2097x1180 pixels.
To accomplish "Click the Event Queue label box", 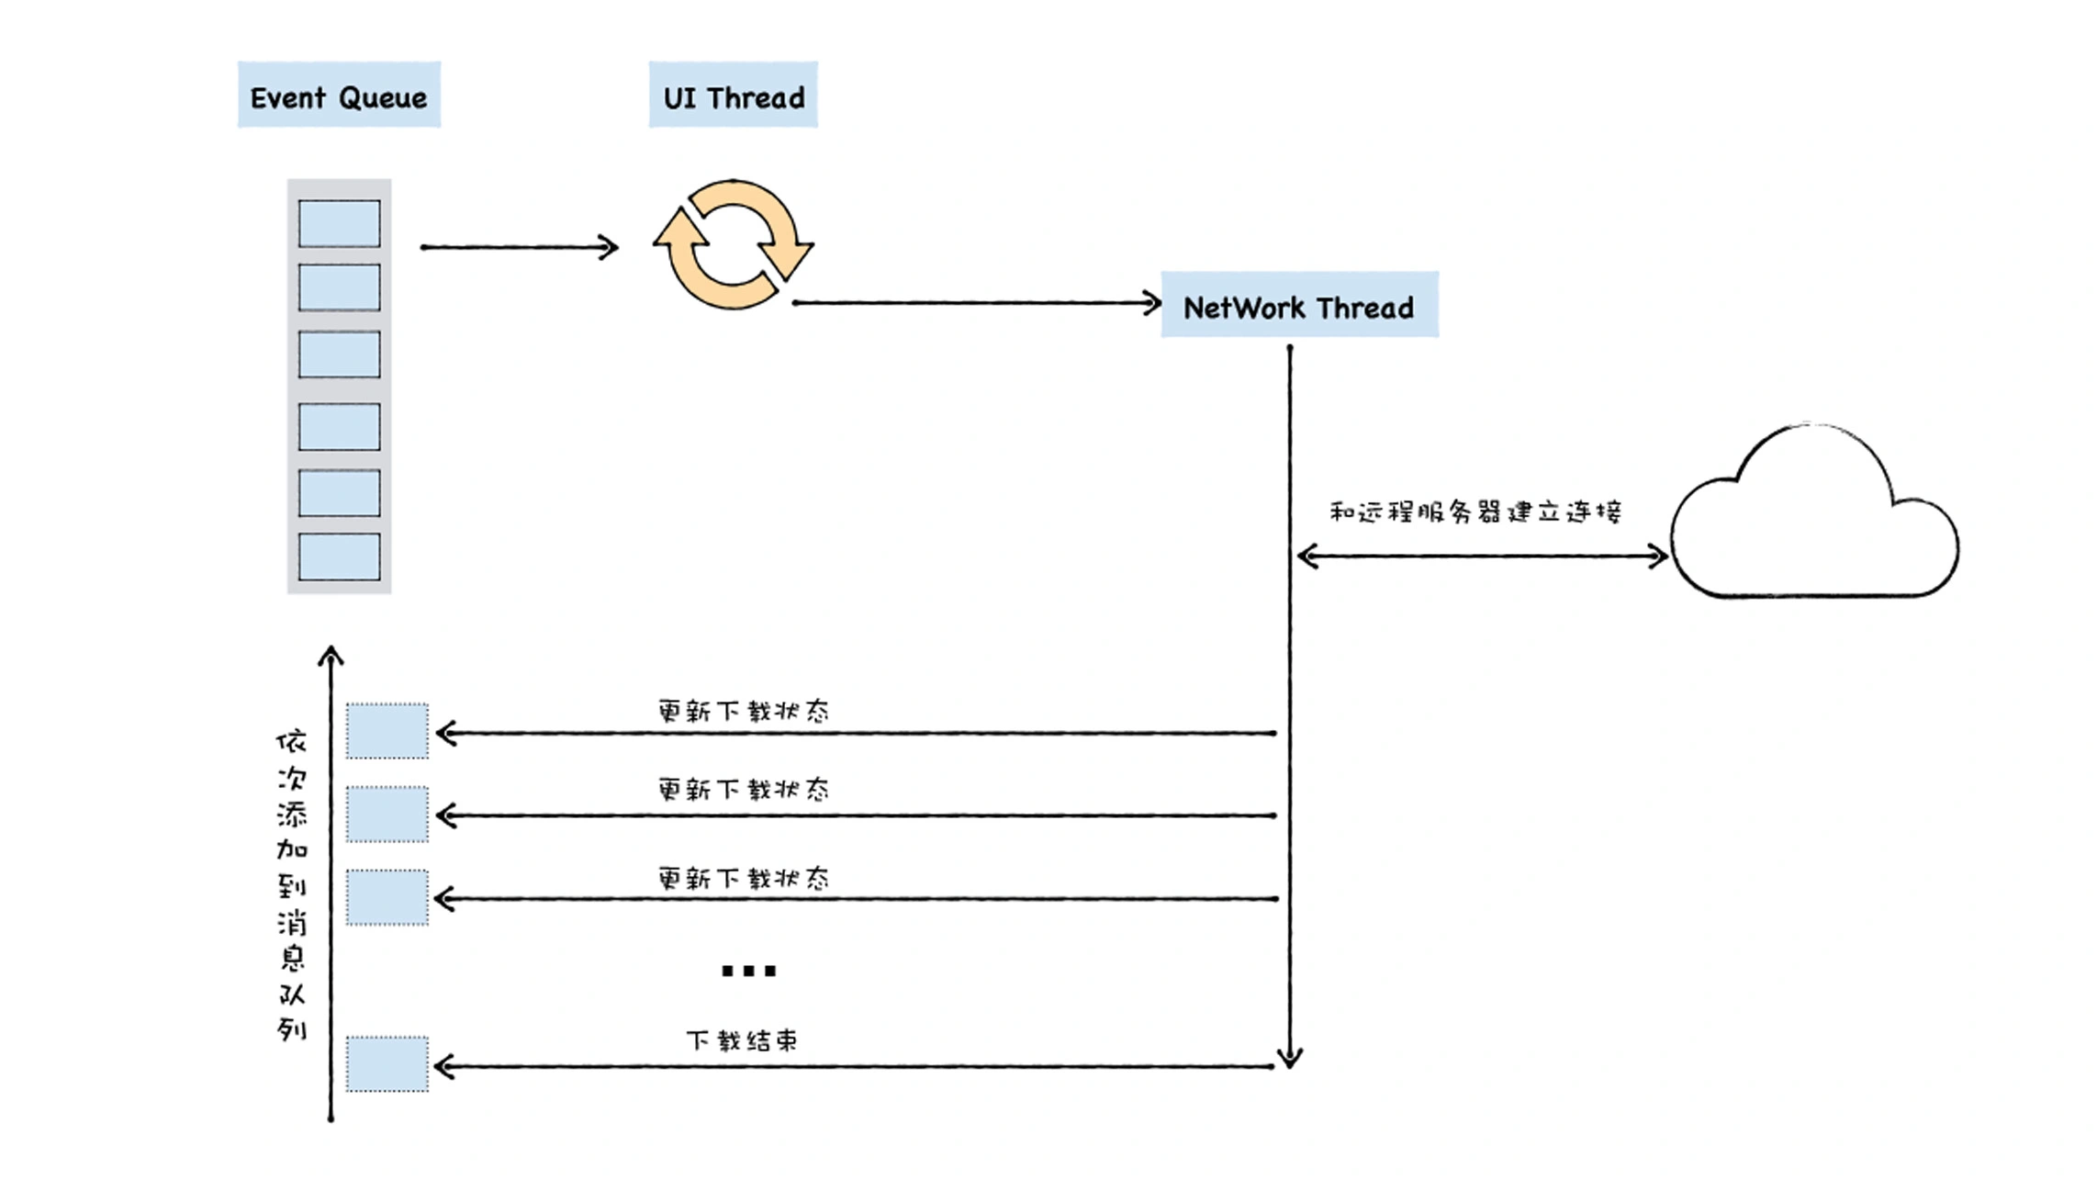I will coord(339,96).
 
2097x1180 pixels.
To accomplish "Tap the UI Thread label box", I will coord(733,96).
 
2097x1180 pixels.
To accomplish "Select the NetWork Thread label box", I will coord(1299,305).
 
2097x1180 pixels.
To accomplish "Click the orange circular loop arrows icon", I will coord(733,244).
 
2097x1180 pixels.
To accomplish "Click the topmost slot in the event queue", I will coord(339,224).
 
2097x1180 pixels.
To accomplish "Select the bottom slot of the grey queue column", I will coord(339,556).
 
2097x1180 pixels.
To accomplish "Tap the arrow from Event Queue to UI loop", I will coord(519,247).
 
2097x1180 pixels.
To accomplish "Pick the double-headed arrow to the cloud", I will coord(1481,556).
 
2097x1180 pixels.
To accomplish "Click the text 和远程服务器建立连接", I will coord(1475,511).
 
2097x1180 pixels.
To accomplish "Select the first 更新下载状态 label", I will coord(743,711).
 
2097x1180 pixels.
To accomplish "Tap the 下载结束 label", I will coord(742,1040).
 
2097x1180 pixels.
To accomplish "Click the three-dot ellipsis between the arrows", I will coord(748,971).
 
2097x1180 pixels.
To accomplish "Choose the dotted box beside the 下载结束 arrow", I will coord(387,1064).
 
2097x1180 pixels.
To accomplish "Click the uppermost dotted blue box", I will coord(387,731).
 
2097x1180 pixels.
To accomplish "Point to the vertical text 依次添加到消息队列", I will coord(292,885).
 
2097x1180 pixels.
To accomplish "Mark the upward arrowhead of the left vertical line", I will coord(331,654).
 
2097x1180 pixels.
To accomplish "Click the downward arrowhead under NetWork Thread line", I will coord(1290,1058).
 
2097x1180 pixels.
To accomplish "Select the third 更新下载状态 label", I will coord(743,878).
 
